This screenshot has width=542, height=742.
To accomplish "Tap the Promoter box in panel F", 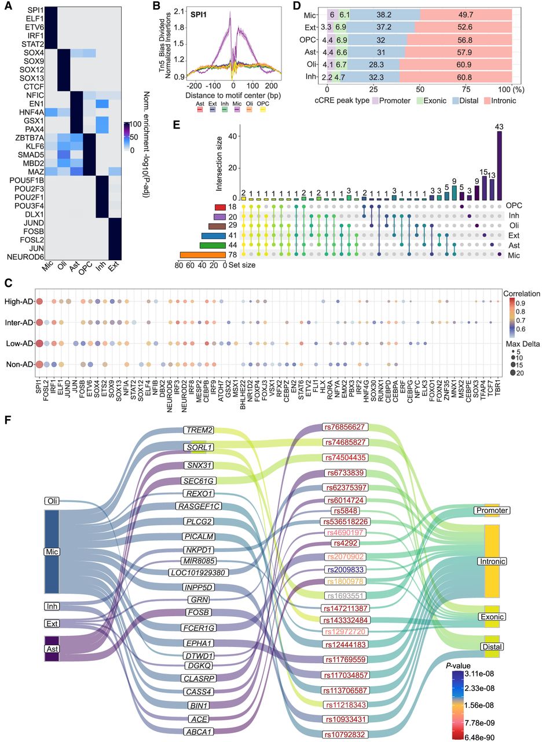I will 491,511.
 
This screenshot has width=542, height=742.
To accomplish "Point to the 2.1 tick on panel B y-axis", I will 180,10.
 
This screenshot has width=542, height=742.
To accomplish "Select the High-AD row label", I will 17,301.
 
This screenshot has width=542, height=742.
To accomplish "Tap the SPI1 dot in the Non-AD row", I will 39,365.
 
